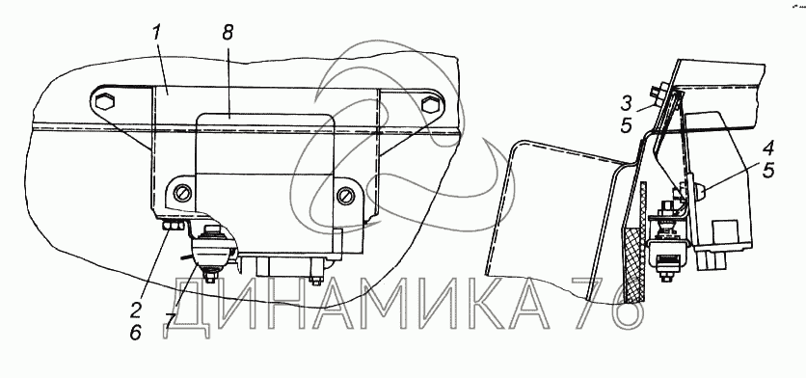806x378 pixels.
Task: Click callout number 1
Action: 157,35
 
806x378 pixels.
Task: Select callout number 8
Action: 228,33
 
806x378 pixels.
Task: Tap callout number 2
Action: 135,310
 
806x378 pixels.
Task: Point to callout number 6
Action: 135,333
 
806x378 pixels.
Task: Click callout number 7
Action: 170,321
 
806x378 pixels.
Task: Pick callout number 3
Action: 626,103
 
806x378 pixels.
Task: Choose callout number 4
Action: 768,149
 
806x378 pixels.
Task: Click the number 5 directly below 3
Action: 626,125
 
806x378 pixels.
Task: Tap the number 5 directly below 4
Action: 768,171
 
